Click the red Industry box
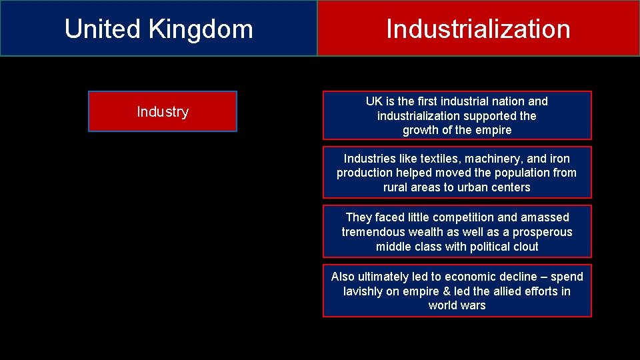(163, 111)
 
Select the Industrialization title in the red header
(478, 29)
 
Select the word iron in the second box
(559, 159)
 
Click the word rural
(397, 187)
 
